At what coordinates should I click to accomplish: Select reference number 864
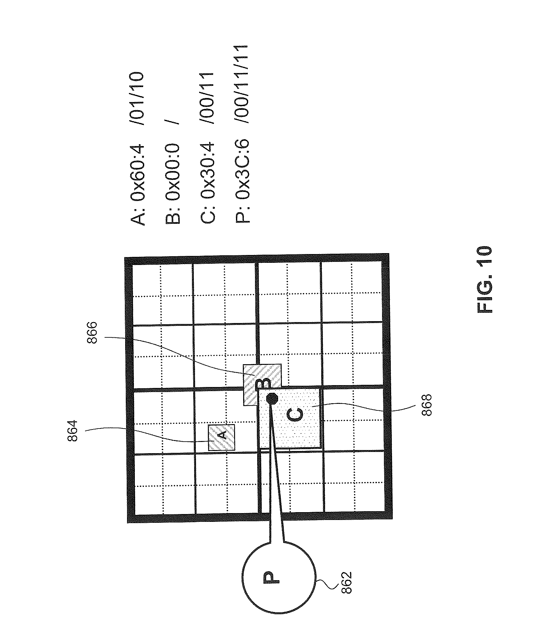pyautogui.click(x=72, y=431)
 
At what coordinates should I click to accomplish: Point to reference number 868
pyautogui.click(x=426, y=405)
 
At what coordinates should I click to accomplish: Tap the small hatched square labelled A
pyautogui.click(x=221, y=437)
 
